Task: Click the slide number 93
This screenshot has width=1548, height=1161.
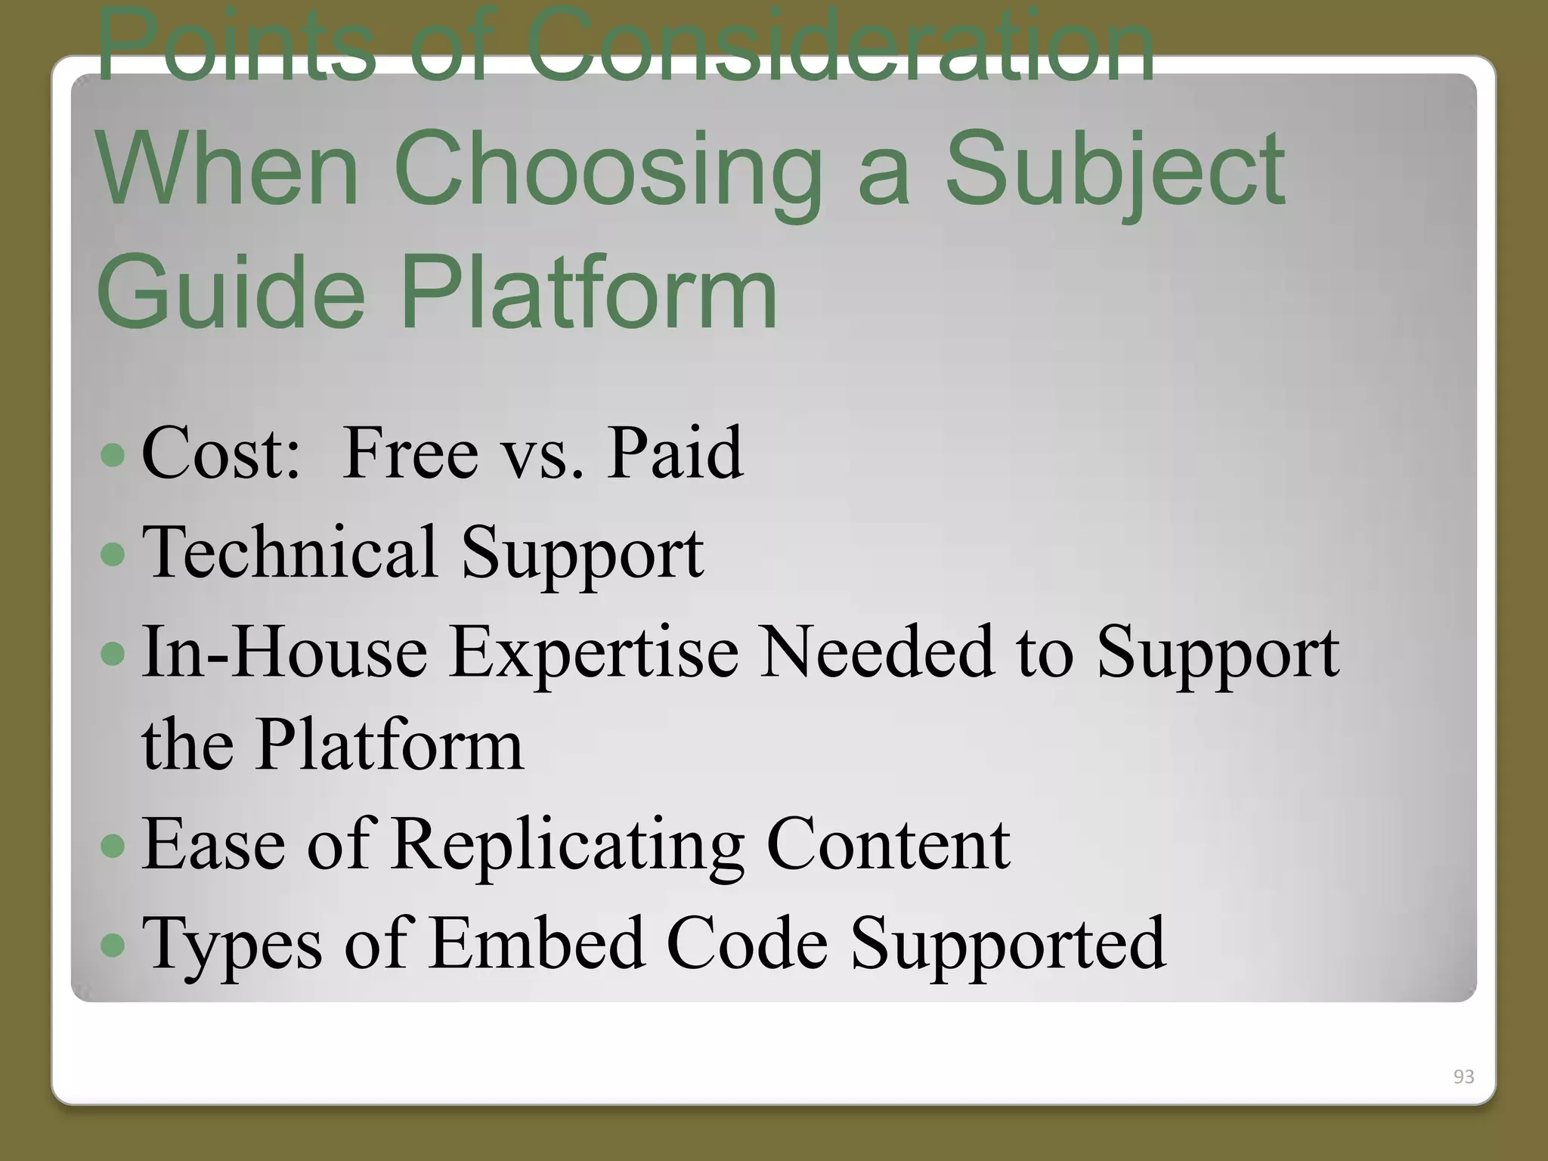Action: (x=1463, y=1076)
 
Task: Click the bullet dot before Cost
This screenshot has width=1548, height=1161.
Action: (x=113, y=454)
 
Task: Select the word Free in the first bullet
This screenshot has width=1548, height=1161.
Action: (x=410, y=454)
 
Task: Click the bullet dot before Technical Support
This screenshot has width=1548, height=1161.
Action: (x=113, y=554)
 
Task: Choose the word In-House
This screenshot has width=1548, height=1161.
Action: (x=284, y=652)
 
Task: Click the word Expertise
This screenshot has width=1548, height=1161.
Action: (x=593, y=652)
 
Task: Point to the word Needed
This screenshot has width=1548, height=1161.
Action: (x=877, y=652)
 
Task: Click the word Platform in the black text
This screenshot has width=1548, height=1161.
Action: (x=389, y=745)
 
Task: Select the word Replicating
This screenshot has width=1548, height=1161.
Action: (x=568, y=845)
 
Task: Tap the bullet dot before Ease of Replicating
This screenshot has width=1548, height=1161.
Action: (x=113, y=846)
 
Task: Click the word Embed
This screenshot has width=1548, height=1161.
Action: (x=537, y=943)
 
